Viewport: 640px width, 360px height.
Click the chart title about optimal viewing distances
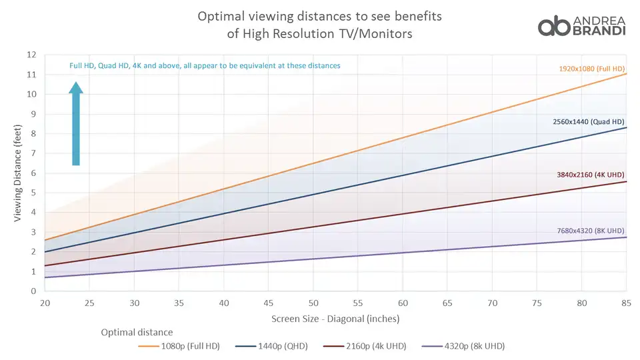tap(319, 24)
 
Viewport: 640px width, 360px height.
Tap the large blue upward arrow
tap(76, 123)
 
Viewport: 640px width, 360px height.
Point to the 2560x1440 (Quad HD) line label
tap(589, 122)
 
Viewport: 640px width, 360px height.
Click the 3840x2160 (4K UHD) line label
tap(591, 175)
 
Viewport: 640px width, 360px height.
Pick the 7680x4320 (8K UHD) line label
tap(591, 231)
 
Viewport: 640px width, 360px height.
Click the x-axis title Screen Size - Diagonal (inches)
tap(335, 319)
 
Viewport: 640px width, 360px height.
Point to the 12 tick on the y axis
tap(31, 55)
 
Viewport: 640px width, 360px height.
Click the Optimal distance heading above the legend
tap(137, 332)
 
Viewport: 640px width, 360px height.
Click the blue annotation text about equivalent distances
tap(205, 66)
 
